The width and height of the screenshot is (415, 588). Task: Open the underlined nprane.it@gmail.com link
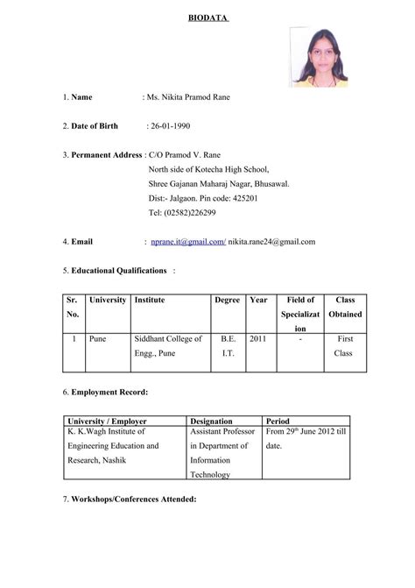point(188,241)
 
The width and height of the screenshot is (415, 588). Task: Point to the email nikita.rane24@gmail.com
point(271,241)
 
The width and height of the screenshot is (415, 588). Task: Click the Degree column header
point(227,301)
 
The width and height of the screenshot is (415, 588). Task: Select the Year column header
point(258,301)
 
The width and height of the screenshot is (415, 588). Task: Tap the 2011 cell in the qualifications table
point(257,338)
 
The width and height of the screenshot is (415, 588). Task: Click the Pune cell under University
point(97,338)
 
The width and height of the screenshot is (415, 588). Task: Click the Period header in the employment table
point(278,421)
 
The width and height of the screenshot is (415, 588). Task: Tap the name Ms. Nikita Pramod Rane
point(191,96)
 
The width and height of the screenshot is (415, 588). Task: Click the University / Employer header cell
point(110,421)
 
